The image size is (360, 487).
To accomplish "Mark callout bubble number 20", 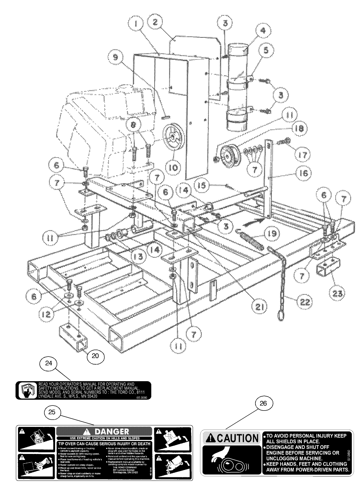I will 96,356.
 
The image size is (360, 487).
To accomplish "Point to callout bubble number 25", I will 52,412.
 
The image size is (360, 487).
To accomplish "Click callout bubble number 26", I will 263,403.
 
